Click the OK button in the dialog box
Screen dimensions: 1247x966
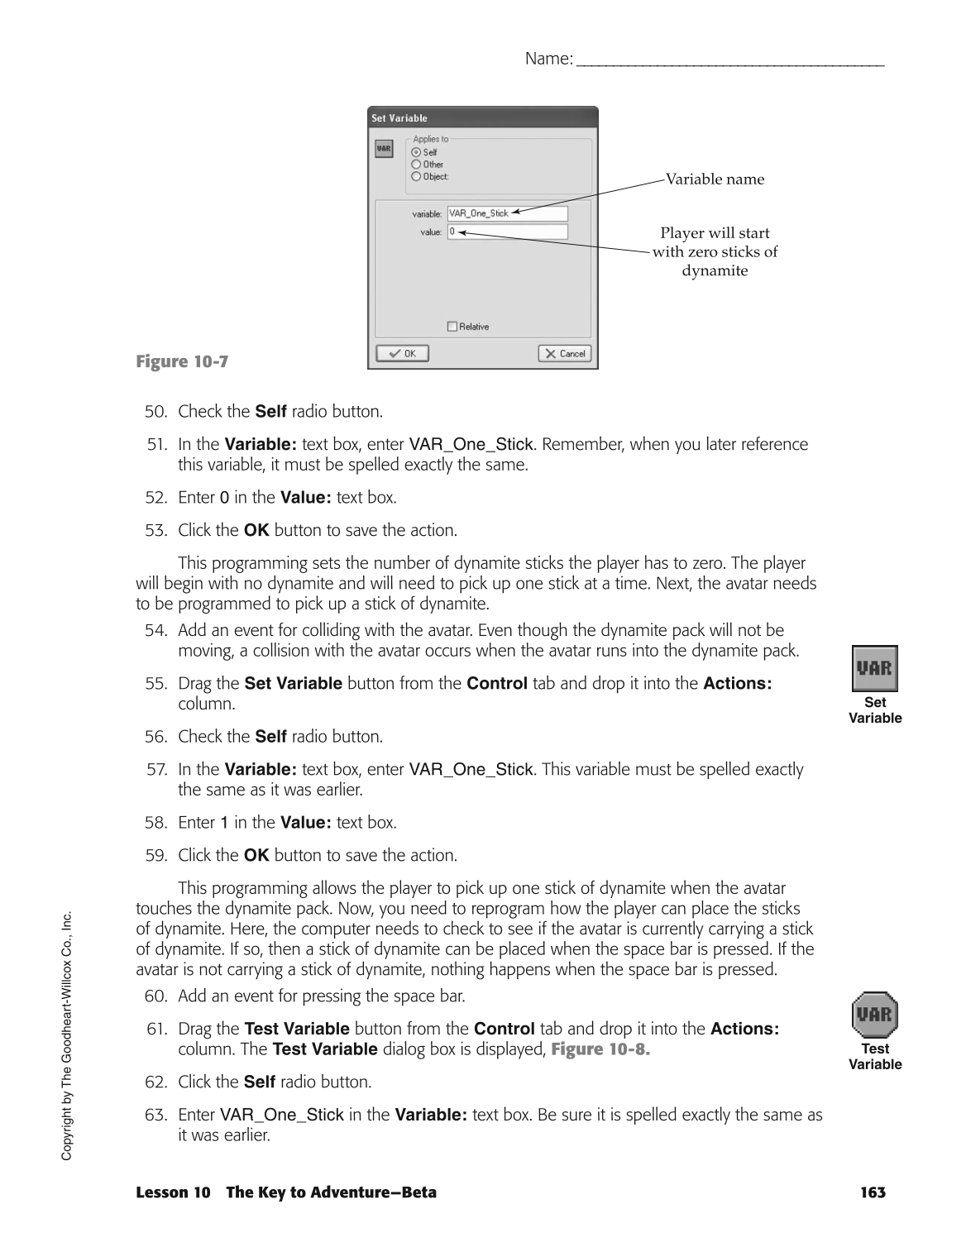[402, 354]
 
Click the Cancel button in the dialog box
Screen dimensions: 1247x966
[564, 354]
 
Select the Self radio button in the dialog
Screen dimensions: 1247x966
[416, 152]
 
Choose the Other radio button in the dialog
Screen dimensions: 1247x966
[416, 165]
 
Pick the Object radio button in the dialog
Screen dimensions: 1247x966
[416, 176]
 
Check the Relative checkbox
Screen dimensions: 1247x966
[452, 327]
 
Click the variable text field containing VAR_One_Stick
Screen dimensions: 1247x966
[507, 213]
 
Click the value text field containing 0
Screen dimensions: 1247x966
[507, 232]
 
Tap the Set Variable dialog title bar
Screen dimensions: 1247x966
[482, 118]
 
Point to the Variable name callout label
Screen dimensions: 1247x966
[715, 179]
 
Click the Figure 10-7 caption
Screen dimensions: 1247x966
[181, 362]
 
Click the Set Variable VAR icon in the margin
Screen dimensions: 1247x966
[874, 668]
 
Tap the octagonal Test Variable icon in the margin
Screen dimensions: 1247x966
[874, 1015]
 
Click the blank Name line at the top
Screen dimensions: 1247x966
[729, 60]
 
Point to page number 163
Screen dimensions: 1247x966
[872, 1192]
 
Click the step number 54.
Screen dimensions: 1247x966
[155, 631]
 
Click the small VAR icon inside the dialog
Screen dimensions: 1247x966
[384, 149]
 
